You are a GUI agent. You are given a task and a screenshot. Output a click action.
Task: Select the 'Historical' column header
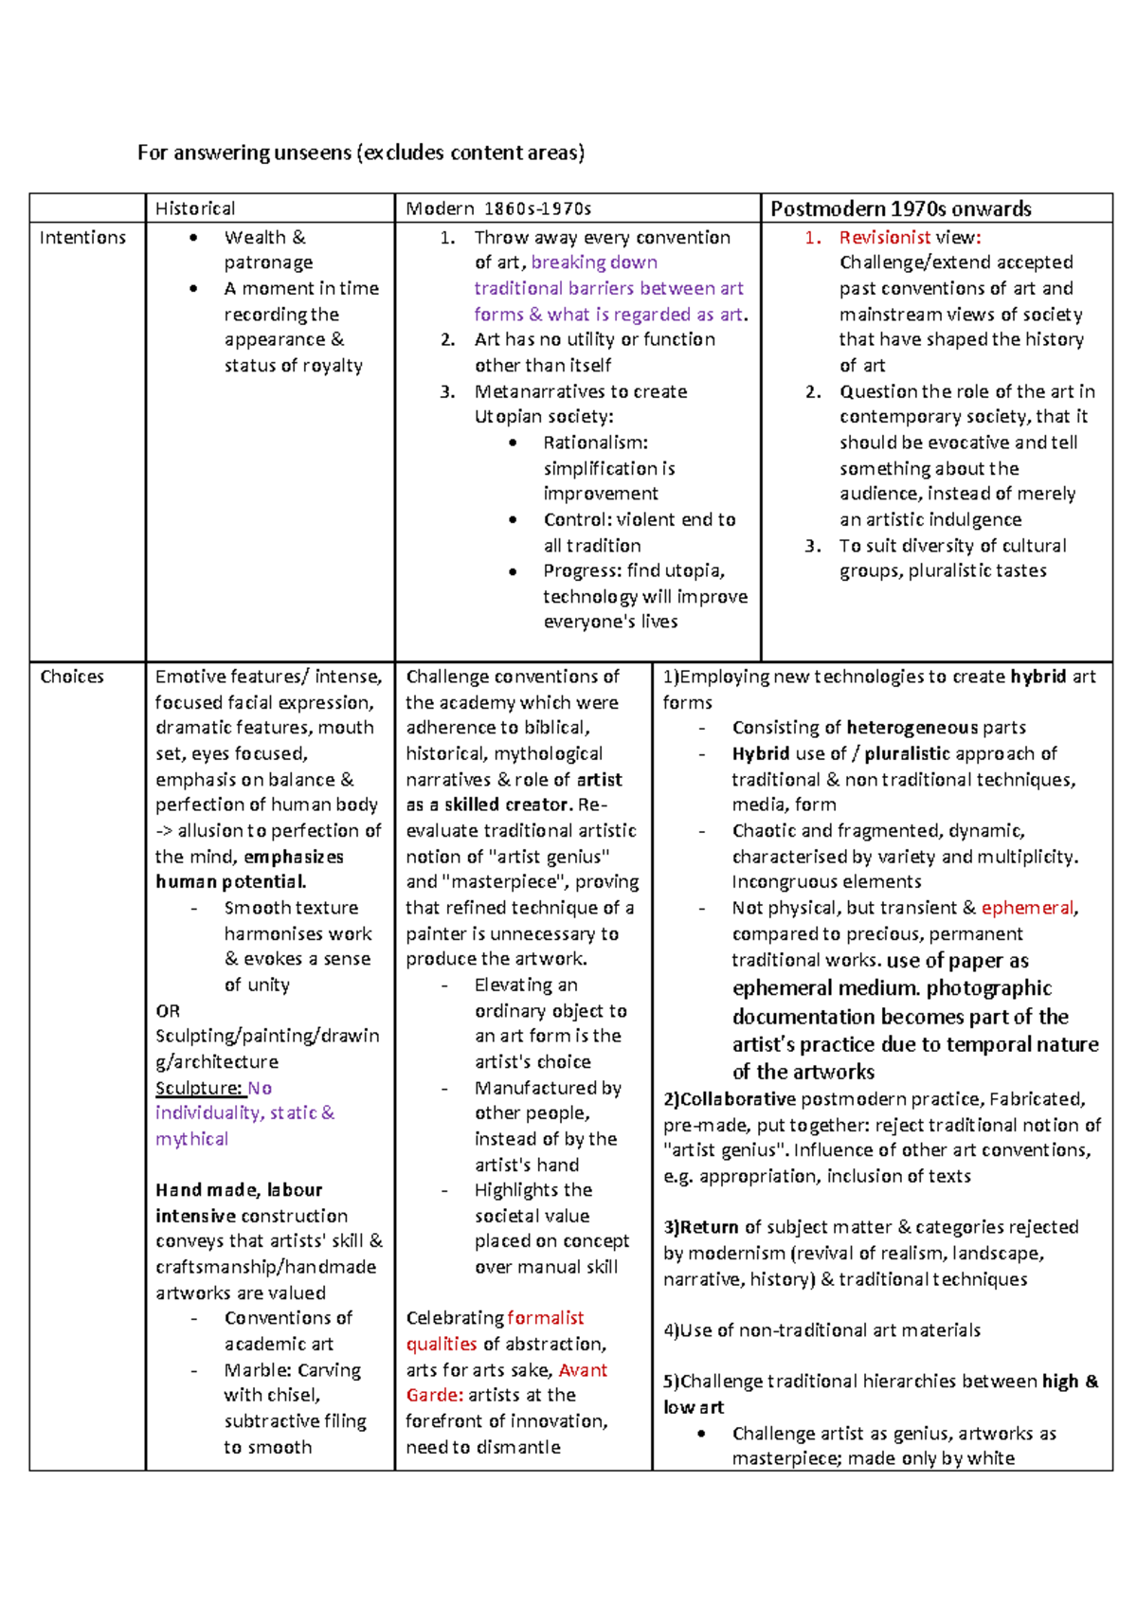[195, 208]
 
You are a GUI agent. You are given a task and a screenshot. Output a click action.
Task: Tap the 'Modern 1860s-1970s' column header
[498, 208]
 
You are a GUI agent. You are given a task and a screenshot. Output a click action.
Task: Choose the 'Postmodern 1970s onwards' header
[900, 208]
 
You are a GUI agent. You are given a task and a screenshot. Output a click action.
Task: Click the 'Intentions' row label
[82, 238]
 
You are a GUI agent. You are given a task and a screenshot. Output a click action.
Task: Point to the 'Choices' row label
[72, 677]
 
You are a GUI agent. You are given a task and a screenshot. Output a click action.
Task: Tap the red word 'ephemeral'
[1027, 908]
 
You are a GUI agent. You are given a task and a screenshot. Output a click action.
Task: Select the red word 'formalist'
[546, 1318]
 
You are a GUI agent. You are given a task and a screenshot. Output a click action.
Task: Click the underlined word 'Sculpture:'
[199, 1088]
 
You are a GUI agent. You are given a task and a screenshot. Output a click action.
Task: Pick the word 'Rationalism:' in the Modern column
[596, 443]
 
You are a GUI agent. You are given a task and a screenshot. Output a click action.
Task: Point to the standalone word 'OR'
[168, 1011]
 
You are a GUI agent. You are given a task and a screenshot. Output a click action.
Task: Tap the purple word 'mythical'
[191, 1139]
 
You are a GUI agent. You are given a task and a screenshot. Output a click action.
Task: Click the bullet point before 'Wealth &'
[194, 238]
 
